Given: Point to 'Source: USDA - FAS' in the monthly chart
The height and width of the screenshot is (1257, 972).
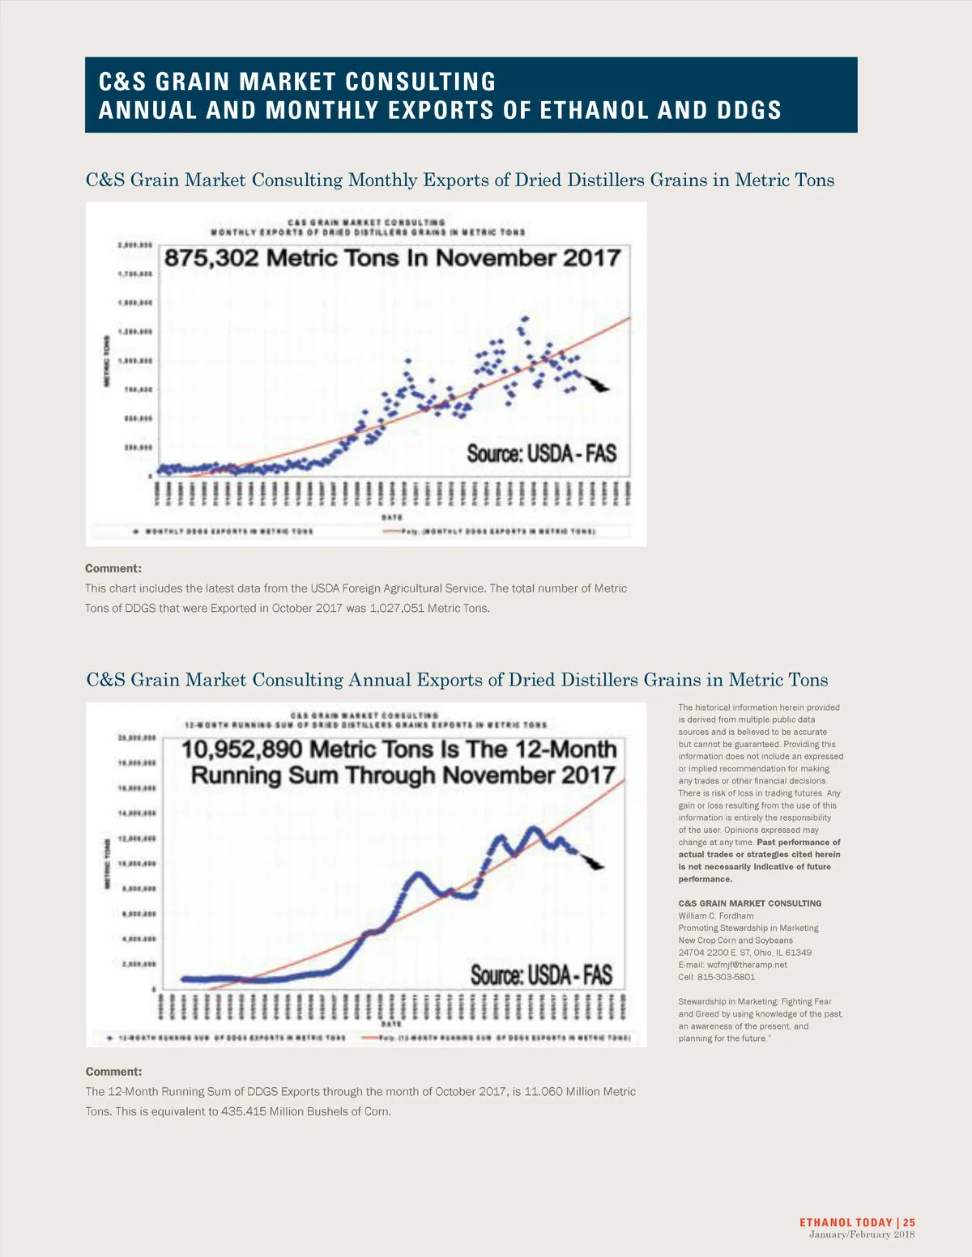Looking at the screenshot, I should tap(541, 453).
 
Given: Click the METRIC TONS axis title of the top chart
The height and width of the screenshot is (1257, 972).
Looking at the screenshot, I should tap(106, 361).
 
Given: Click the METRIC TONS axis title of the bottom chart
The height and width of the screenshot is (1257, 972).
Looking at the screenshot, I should tap(106, 864).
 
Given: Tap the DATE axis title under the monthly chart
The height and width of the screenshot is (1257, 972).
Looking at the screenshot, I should tap(392, 517).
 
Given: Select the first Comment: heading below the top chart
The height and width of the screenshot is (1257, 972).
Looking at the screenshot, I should tap(113, 568).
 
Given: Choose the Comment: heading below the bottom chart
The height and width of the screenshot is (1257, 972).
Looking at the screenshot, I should tap(113, 1072).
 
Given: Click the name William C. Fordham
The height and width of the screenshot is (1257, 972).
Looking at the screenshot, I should tap(716, 916).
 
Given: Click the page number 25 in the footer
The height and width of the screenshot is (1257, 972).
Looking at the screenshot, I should tap(910, 1223).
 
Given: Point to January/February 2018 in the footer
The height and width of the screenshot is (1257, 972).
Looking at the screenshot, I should tap(862, 1234).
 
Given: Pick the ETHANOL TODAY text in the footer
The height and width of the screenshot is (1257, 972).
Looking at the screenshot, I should tap(846, 1223).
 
